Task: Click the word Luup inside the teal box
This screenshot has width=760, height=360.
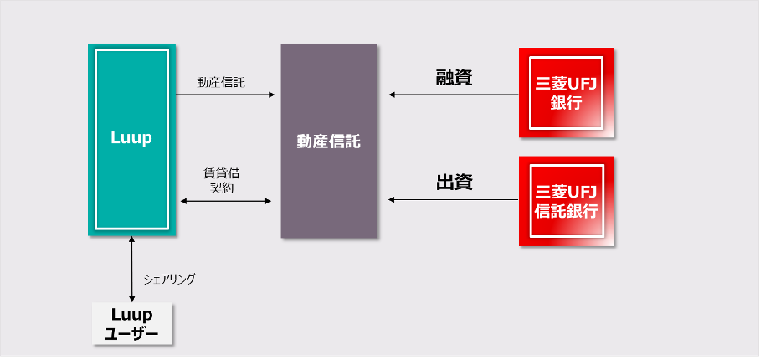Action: point(131,138)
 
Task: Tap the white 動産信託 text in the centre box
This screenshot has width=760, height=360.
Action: point(329,141)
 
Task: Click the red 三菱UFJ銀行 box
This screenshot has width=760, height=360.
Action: point(567,92)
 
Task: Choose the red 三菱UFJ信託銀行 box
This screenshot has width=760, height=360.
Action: point(567,201)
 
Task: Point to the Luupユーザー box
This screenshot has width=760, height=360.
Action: point(132,324)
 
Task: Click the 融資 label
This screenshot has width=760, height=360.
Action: point(454,78)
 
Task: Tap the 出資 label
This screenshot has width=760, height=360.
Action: point(454,182)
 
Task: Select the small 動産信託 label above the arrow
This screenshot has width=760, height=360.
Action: point(221,82)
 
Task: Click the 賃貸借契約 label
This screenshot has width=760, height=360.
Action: point(222,181)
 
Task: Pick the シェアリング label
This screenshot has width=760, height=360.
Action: point(169,279)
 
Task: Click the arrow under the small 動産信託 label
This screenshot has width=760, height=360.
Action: point(225,95)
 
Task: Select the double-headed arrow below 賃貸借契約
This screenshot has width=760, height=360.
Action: point(226,201)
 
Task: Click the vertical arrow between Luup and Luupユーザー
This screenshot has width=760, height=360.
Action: point(132,269)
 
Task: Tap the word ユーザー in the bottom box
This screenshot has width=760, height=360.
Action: point(132,333)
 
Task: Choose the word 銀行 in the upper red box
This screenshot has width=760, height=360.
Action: point(567,103)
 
